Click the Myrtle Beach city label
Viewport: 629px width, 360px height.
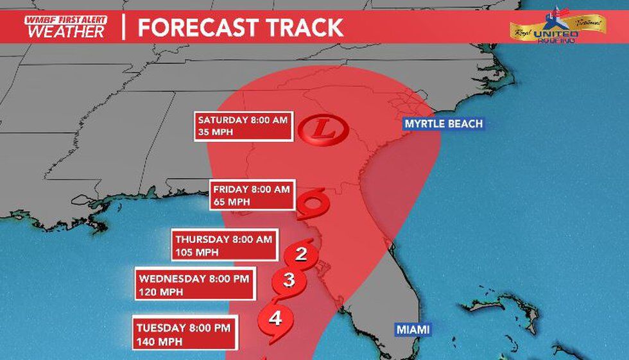click(444, 124)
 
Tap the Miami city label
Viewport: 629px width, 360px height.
click(413, 330)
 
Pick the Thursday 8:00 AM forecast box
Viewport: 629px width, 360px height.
click(225, 245)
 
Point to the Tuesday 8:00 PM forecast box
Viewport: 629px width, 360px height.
click(185, 333)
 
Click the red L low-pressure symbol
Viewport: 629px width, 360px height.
click(325, 130)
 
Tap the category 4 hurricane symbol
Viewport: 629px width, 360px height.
click(275, 319)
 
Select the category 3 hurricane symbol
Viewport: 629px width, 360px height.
click(289, 280)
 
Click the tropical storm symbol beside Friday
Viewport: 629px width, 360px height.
click(315, 204)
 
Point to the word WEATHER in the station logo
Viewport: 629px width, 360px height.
click(65, 31)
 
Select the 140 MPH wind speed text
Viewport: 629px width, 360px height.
click(156, 341)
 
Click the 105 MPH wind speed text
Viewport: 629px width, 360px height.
click(196, 252)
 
